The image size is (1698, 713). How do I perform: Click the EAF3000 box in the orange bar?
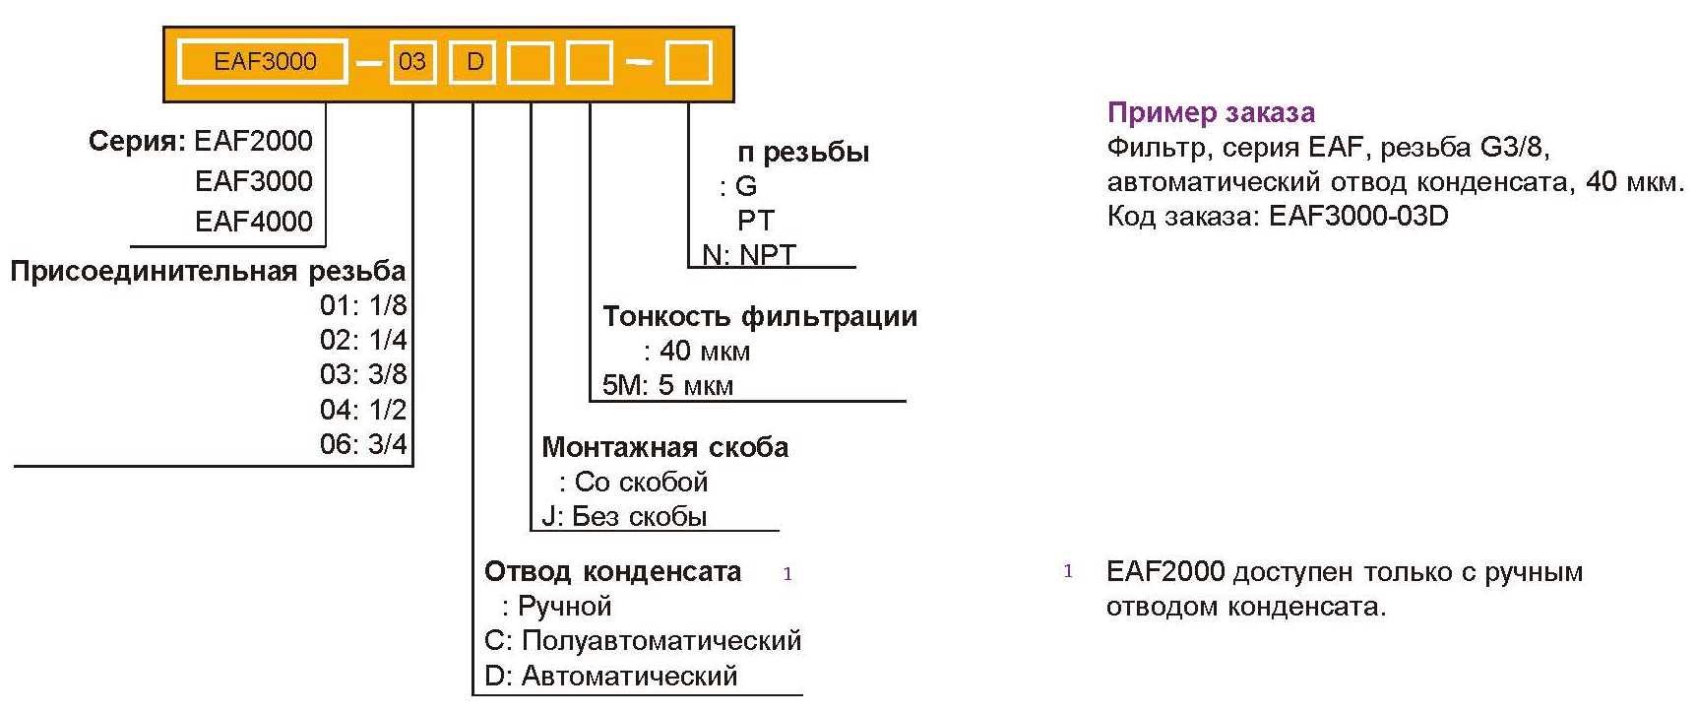(263, 62)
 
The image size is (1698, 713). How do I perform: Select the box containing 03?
(412, 62)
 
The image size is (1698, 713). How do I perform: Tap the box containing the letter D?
(474, 62)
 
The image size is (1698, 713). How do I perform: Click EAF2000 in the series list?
(253, 141)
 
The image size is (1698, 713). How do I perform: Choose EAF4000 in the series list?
(253, 221)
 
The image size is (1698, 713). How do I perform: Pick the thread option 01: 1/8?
(363, 305)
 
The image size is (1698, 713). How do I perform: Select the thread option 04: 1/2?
(363, 409)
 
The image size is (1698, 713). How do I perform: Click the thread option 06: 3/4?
(363, 444)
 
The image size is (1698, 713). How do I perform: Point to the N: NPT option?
(748, 255)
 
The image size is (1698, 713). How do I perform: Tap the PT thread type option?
(756, 221)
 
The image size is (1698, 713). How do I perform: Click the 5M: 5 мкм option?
(667, 385)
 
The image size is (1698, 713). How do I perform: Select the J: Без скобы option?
(624, 516)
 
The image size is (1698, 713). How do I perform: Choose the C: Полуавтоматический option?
(643, 641)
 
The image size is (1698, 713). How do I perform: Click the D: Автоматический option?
(610, 677)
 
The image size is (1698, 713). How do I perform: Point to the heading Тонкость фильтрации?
(760, 316)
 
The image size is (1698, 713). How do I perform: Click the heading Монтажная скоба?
(665, 447)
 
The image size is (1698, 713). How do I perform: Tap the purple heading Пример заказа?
(1211, 112)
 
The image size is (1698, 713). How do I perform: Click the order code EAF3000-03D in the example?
(1358, 216)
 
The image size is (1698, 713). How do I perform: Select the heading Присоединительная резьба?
(208, 271)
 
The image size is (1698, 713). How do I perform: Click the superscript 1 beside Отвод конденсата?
(787, 574)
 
